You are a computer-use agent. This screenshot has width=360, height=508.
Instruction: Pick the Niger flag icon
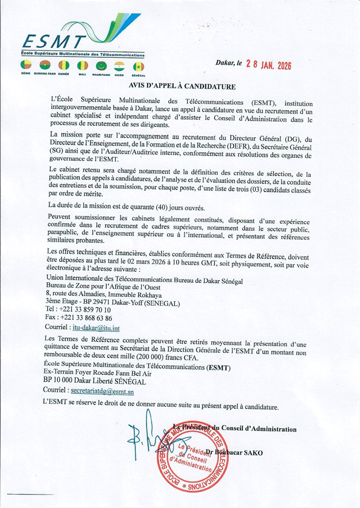pyautogui.click(x=119, y=66)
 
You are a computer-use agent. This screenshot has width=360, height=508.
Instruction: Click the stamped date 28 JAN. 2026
pyautogui.click(x=264, y=64)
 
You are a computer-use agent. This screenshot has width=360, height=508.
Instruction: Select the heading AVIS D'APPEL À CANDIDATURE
pyautogui.click(x=181, y=87)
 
